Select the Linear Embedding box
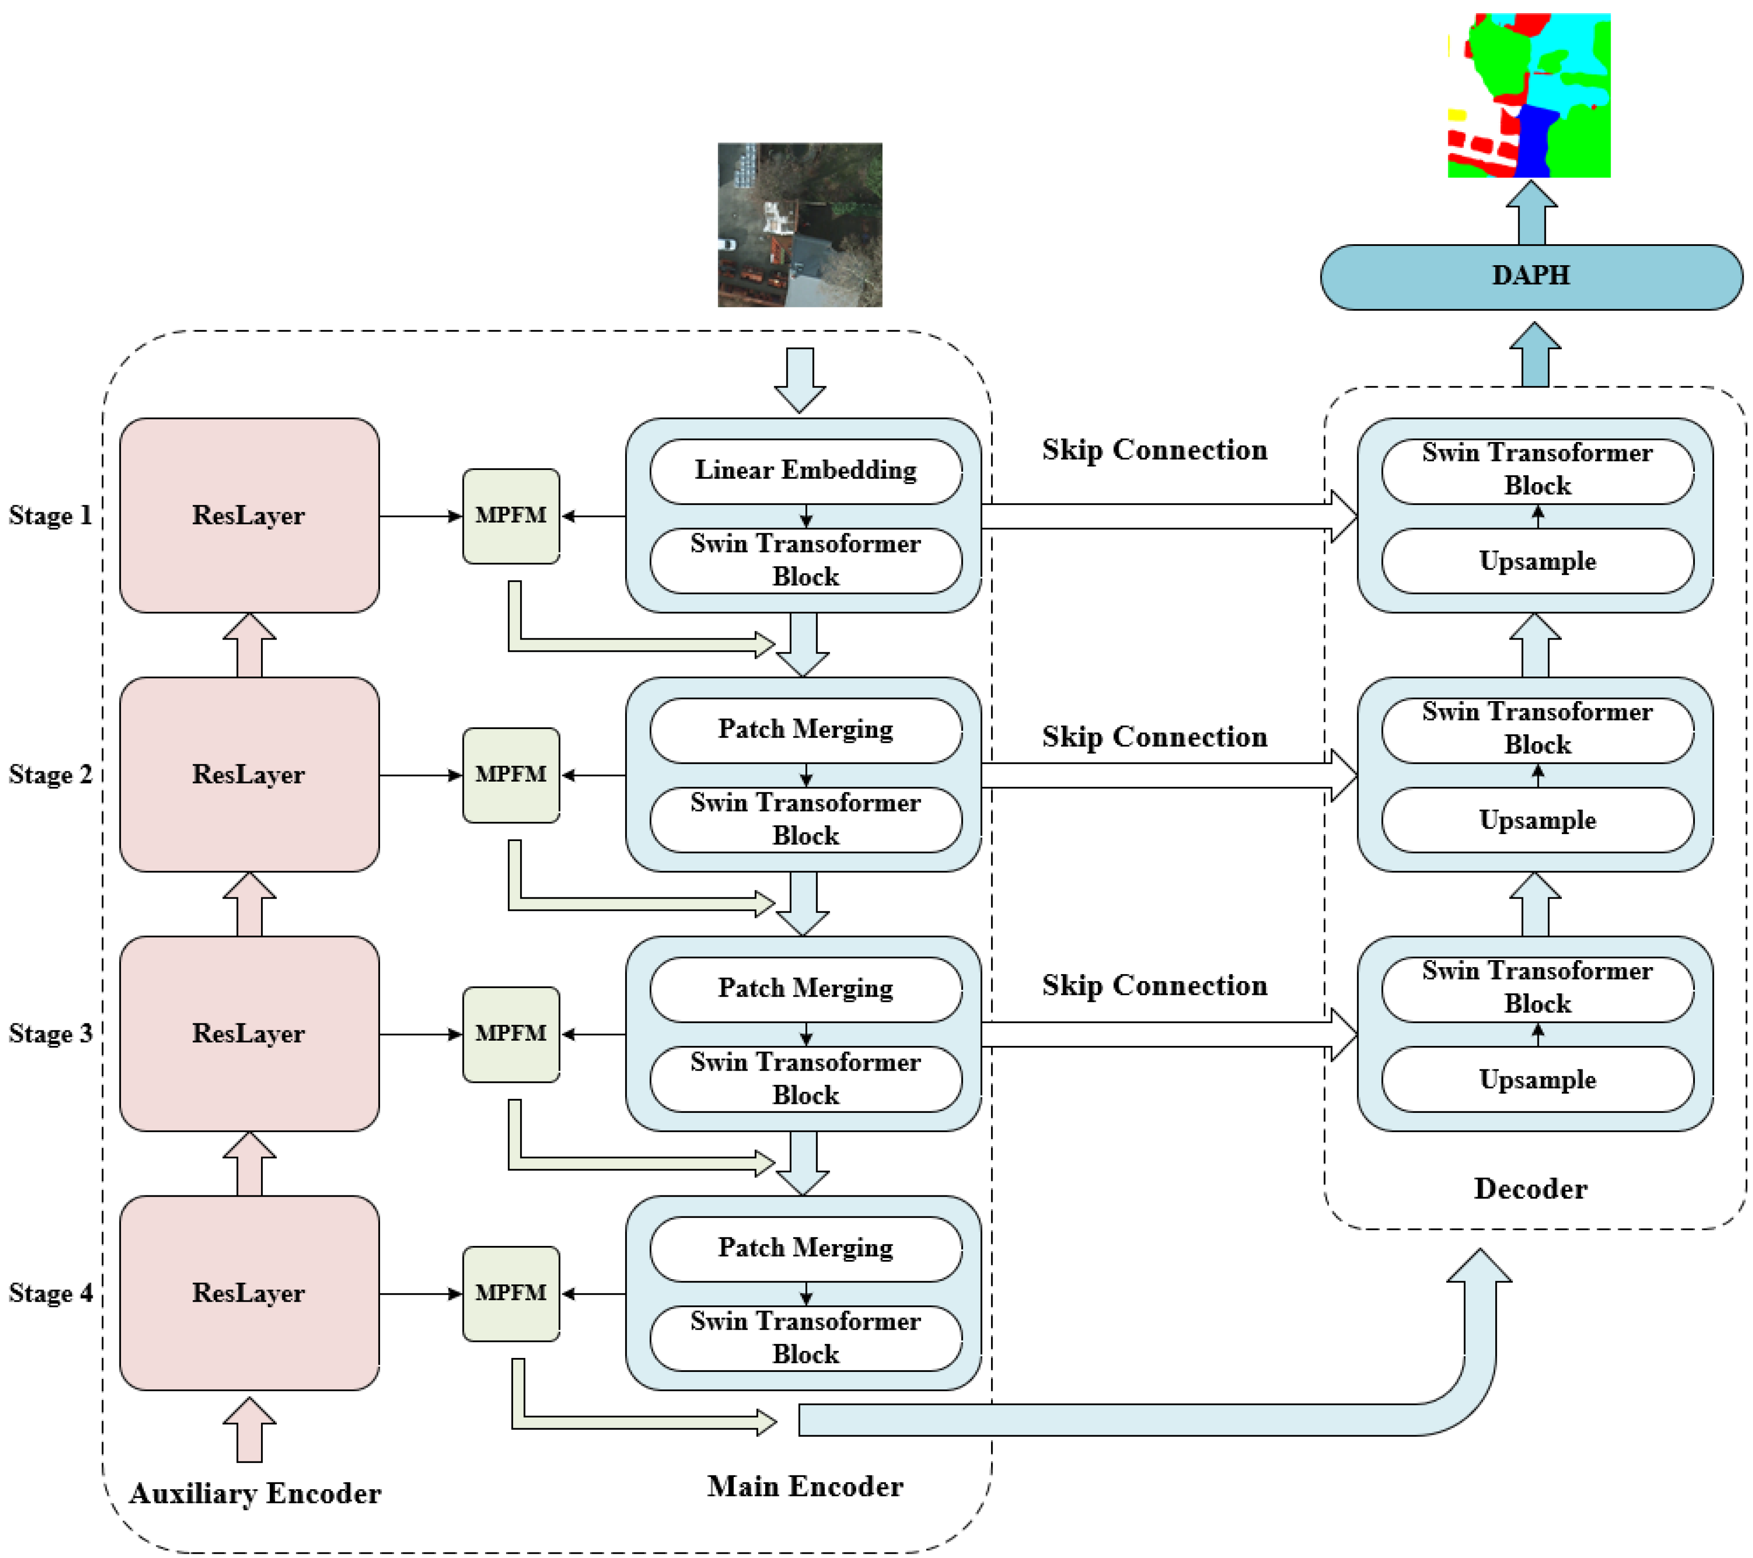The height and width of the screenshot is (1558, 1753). pyautogui.click(x=806, y=471)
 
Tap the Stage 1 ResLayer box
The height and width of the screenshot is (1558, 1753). pyautogui.click(x=249, y=515)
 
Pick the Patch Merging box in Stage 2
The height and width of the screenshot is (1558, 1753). pyautogui.click(x=806, y=730)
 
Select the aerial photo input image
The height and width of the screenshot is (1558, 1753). pyautogui.click(x=799, y=224)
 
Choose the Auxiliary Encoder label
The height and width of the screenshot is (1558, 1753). pyautogui.click(x=255, y=1494)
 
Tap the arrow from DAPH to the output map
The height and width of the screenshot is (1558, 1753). pyautogui.click(x=1532, y=213)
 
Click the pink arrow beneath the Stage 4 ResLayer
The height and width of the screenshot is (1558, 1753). pyautogui.click(x=249, y=1430)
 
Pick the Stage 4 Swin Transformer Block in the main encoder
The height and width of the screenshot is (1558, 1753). pyautogui.click(x=806, y=1338)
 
